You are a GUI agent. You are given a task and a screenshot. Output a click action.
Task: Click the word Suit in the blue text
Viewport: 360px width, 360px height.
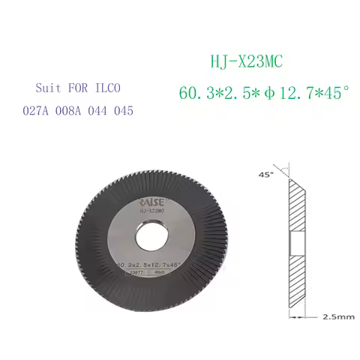coord(48,86)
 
